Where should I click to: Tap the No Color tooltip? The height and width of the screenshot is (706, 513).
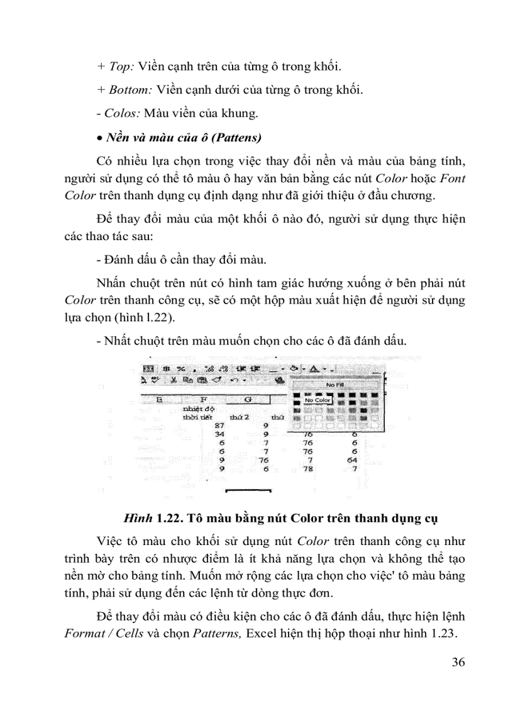tap(317, 400)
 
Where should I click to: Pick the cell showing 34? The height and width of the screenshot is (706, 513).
tap(219, 433)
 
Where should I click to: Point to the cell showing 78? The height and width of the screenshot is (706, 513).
tap(307, 468)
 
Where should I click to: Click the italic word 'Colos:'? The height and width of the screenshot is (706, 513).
tap(117, 113)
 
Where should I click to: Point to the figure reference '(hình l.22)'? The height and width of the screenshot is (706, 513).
tap(134, 317)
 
